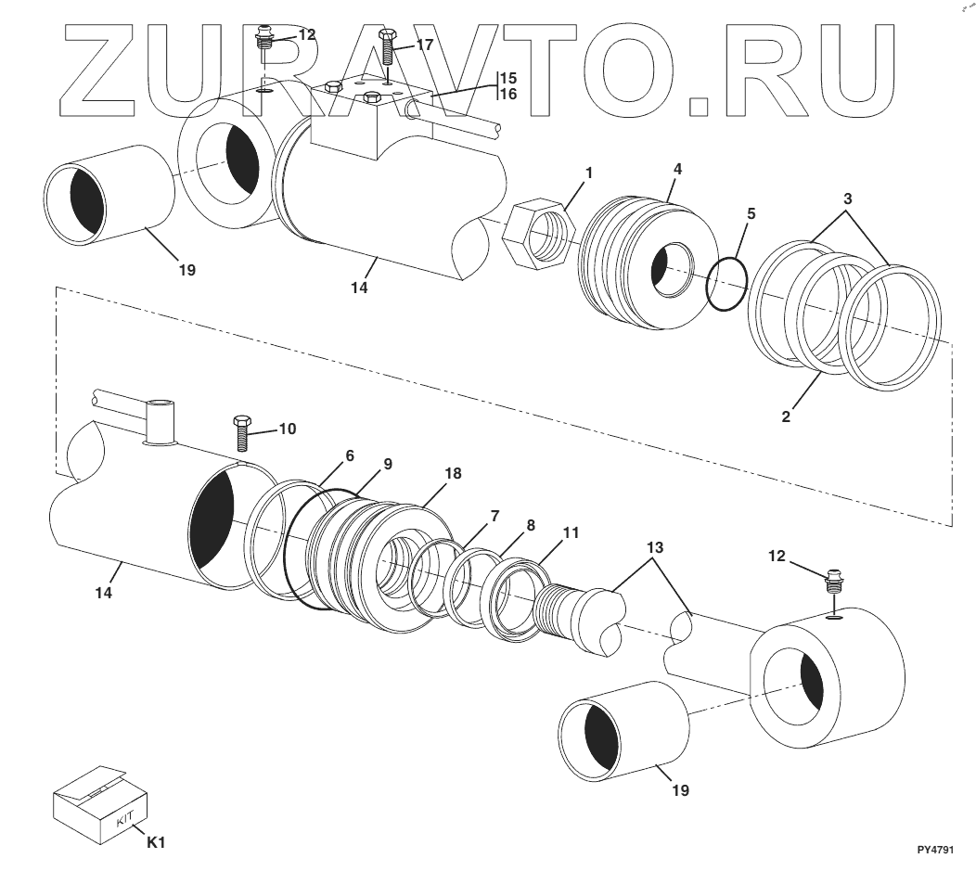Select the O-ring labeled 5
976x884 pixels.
click(726, 285)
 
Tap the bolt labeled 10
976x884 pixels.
click(241, 433)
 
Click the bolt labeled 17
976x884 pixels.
click(388, 46)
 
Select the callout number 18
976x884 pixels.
click(453, 473)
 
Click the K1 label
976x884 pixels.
click(157, 842)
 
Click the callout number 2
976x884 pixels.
click(786, 417)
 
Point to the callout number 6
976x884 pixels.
click(350, 455)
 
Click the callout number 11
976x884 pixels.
click(571, 532)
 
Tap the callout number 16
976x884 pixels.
click(508, 94)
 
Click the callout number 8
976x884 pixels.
click(531, 524)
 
